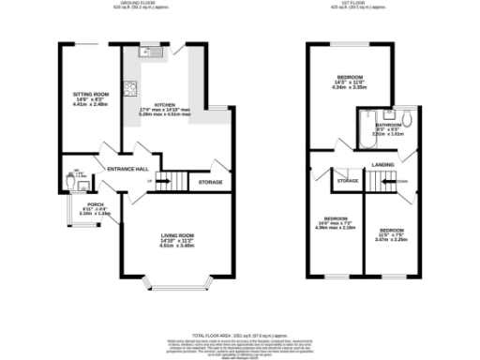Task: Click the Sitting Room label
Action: click(92, 94)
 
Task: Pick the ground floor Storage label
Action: click(210, 181)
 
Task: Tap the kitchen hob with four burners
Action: click(132, 91)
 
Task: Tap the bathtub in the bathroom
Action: click(366, 129)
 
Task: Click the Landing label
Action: click(382, 165)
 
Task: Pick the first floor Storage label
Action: click(348, 180)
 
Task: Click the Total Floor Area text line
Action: click(240, 335)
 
